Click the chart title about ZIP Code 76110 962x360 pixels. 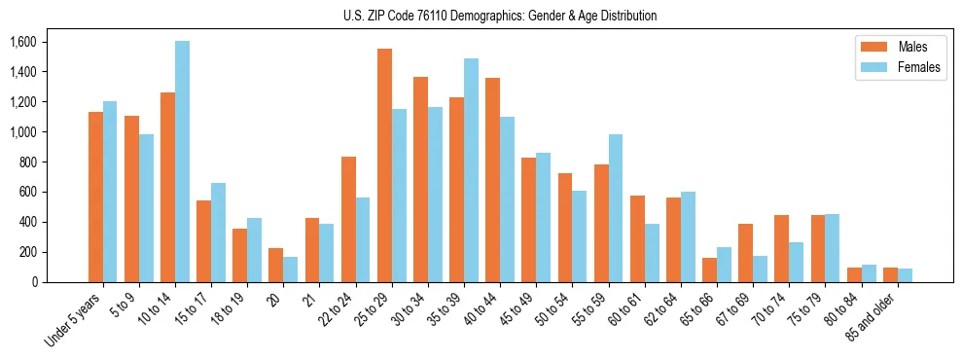500,16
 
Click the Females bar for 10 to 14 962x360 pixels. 183,162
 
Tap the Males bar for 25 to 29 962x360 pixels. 384,165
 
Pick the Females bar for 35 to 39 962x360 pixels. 471,170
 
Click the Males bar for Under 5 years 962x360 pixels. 95,197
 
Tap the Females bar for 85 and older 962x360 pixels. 905,275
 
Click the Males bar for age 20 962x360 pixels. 275,265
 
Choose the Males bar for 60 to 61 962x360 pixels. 637,238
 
